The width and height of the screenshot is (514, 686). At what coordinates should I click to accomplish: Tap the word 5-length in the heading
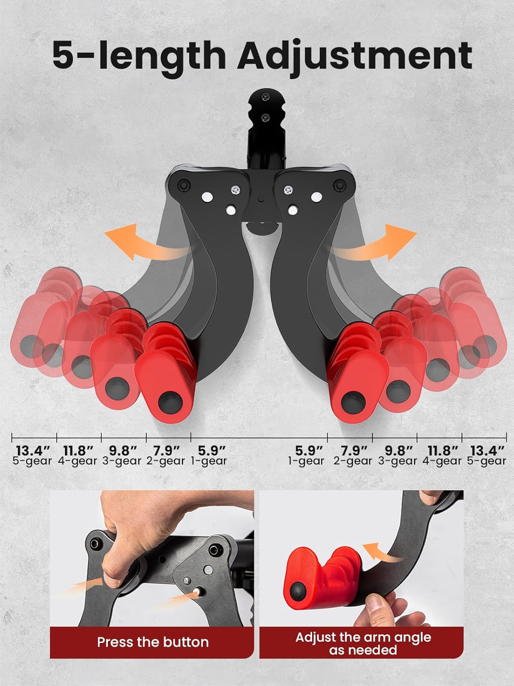pos(139,55)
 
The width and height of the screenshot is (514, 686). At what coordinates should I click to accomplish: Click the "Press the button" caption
pos(153,642)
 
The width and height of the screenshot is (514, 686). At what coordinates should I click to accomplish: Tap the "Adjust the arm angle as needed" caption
pos(363,643)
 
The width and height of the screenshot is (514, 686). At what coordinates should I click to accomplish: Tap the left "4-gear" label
pos(78,461)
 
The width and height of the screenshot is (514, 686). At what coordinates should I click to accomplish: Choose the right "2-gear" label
pos(353,461)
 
